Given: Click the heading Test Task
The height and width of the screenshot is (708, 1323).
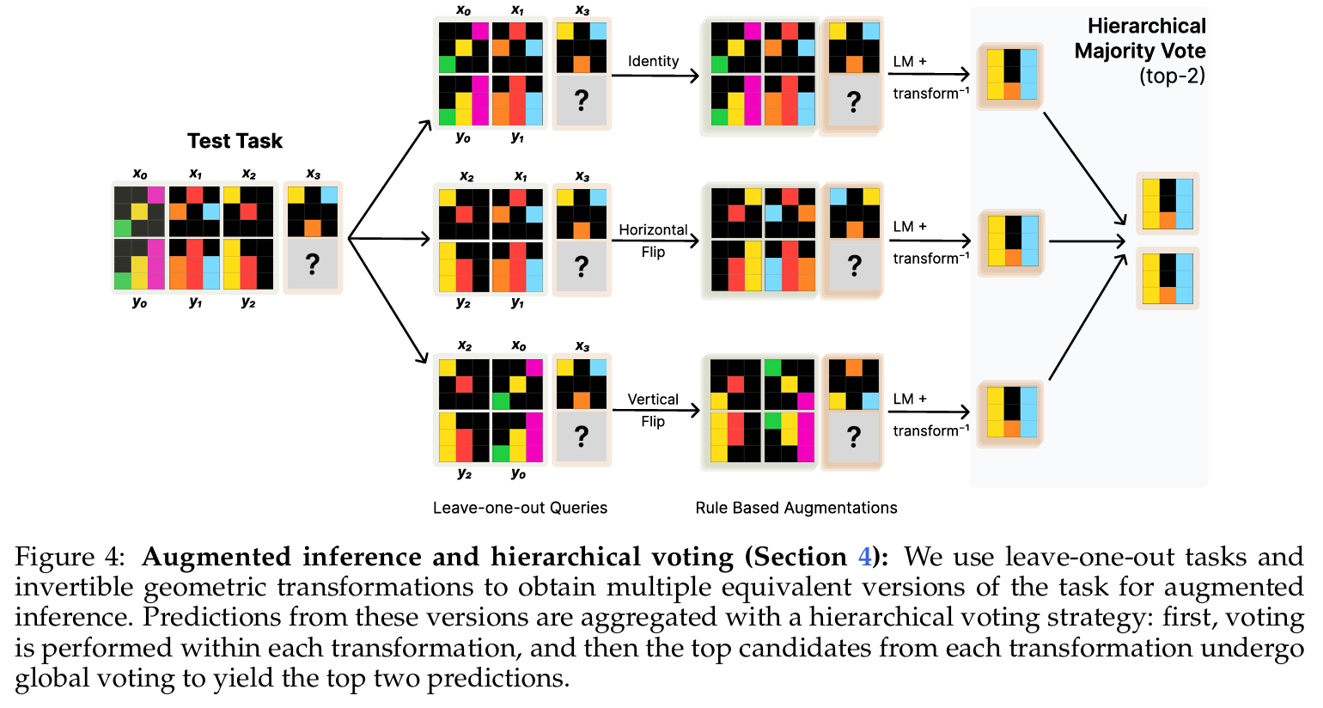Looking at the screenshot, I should (x=235, y=141).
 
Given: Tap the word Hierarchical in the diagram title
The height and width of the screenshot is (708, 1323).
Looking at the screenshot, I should (x=1146, y=27).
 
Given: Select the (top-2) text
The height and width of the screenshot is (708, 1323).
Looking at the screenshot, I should (x=1172, y=76).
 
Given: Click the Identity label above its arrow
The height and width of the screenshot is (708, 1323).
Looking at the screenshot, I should (x=653, y=61).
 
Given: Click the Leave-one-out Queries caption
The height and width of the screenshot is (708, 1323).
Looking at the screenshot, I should (x=520, y=508).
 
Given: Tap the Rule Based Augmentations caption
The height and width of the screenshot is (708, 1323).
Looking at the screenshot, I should (x=796, y=508).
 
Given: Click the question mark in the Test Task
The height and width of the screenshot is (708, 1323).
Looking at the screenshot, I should (x=313, y=264).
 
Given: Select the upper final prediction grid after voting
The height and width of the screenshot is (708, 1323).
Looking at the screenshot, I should (x=1168, y=204).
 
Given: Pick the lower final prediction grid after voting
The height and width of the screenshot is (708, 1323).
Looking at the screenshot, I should (x=1168, y=278).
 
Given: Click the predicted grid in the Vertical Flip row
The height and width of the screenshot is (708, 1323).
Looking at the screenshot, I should (x=1011, y=412).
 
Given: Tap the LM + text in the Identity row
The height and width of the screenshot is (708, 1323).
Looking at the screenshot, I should (x=910, y=62).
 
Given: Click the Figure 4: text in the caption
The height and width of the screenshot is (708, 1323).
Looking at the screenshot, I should (x=70, y=558).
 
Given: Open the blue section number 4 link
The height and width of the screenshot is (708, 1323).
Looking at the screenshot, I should (x=864, y=558).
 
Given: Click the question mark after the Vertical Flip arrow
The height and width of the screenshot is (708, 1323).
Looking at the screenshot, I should (x=853, y=436).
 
